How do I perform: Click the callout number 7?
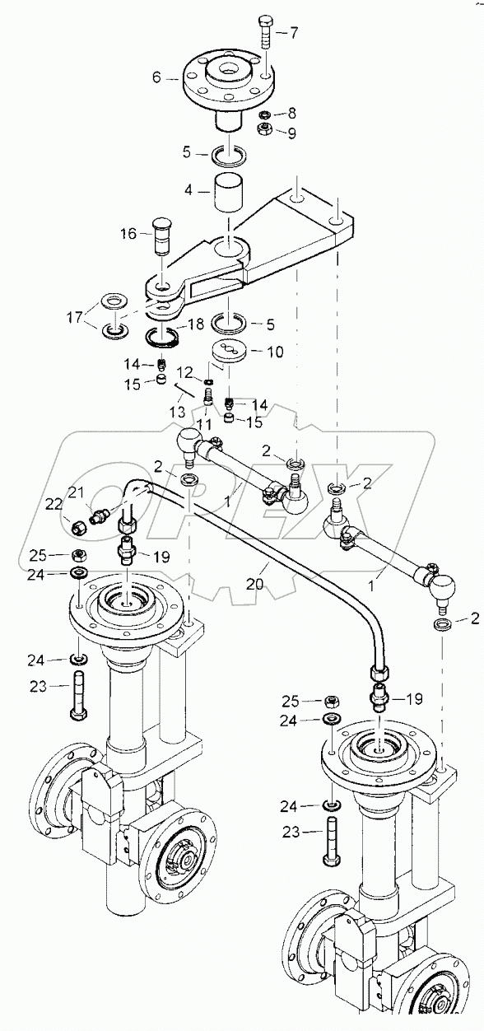point(293,34)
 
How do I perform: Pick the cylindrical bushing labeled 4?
point(232,194)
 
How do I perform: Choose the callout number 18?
point(195,325)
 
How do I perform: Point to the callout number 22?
point(54,504)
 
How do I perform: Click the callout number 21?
point(77,492)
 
